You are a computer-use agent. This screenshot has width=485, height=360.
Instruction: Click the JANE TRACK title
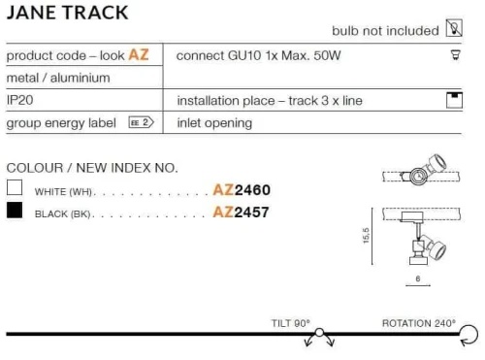67,13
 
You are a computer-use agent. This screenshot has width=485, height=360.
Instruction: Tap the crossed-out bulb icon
454,28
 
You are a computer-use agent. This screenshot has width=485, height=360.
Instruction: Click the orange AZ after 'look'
139,54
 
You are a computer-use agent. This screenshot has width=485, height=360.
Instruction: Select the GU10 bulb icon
456,55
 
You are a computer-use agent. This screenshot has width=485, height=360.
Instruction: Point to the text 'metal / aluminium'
58,78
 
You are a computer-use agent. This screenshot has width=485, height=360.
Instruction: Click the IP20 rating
19,100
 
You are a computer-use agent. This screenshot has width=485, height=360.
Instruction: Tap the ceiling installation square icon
454,100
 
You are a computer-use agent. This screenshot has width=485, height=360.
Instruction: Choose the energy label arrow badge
141,122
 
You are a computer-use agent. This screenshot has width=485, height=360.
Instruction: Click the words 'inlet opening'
214,123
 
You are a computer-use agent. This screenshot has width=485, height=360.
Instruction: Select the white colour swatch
15,187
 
